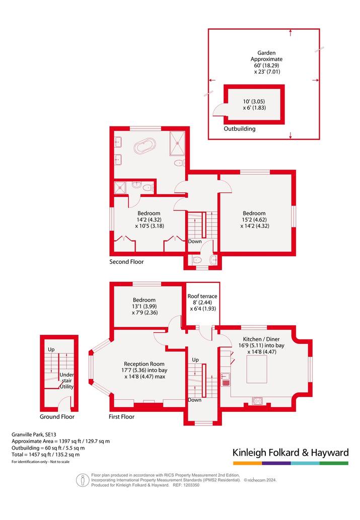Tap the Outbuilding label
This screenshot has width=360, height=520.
[x=240, y=129]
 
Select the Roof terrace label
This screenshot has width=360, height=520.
[x=202, y=296]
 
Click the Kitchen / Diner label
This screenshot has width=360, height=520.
[x=261, y=339]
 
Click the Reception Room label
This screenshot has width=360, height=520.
[x=145, y=364]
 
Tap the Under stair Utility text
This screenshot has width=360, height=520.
[x=66, y=381]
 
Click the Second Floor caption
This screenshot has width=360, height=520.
[x=126, y=262]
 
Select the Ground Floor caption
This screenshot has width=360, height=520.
[x=57, y=416]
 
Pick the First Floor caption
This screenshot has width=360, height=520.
[x=121, y=416]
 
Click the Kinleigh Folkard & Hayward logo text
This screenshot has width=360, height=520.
[x=291, y=453]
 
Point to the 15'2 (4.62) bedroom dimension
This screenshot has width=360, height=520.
[x=254, y=219]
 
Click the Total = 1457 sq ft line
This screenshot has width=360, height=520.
[x=45, y=455]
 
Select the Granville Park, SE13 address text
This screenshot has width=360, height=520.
[x=34, y=434]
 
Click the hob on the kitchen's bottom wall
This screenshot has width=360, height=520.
[x=257, y=401]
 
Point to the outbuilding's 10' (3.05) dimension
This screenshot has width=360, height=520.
[x=254, y=102]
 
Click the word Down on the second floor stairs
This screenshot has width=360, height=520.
[x=195, y=242]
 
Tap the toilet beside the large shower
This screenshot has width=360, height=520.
[x=180, y=163]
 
